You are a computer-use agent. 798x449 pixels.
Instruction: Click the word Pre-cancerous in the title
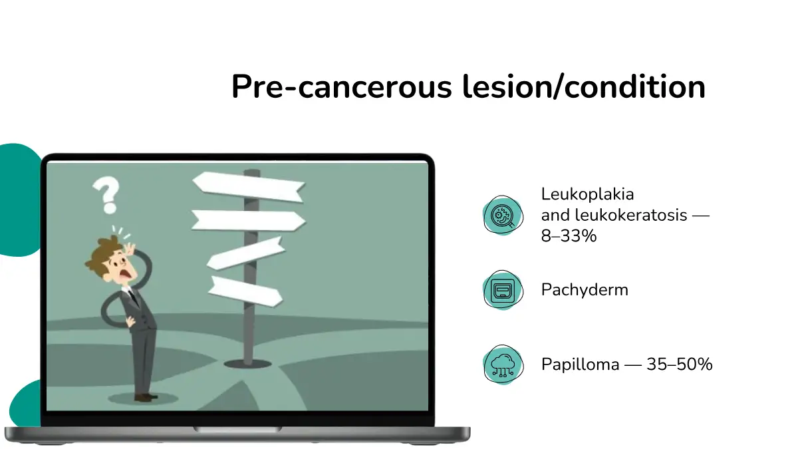click(342, 86)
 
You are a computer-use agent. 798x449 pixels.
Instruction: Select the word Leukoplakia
click(587, 194)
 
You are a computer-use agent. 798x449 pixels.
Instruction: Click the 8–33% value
click(569, 235)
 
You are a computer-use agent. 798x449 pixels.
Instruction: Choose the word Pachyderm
click(585, 290)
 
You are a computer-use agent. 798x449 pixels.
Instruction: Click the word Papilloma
click(581, 365)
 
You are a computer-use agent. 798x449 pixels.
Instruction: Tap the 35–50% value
click(680, 365)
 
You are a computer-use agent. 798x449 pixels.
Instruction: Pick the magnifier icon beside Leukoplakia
click(503, 216)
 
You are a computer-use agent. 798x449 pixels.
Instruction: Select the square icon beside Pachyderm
click(503, 290)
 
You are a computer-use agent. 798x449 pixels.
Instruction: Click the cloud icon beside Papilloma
click(503, 365)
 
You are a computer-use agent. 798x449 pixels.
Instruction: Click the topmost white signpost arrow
click(248, 186)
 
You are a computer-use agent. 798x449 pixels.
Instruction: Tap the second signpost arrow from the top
click(248, 220)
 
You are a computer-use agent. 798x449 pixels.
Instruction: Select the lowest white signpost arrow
click(245, 291)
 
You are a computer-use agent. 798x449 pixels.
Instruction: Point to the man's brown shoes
click(145, 397)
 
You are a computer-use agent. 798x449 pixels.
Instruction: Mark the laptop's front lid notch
click(237, 430)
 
